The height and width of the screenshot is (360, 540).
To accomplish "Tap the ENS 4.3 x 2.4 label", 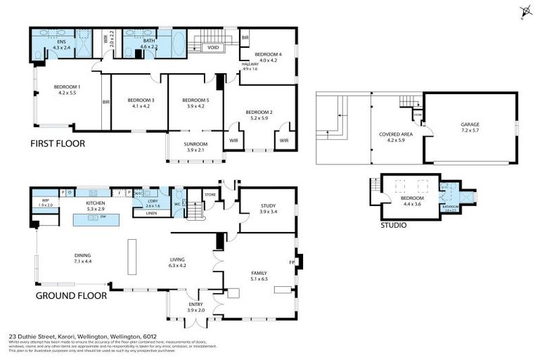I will coord(62,44).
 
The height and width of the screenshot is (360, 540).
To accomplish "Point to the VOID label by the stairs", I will coord(212,48).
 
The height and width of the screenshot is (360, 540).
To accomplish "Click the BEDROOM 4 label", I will coord(268,57).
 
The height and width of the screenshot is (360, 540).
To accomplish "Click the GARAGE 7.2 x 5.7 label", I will coord(470,127).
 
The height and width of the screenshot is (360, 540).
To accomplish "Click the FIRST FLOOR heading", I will coord(57,143).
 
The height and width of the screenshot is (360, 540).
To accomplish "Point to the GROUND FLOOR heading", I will coord(71,296).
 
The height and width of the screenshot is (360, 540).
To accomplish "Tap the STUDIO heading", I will coord(394,226).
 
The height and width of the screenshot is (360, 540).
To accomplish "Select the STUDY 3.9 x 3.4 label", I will coord(268,209).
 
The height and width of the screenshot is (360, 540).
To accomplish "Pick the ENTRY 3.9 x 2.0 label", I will coord(195,307).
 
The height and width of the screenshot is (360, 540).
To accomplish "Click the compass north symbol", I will coord(524,10).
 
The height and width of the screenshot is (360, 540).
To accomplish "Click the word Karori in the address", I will coord(64,337).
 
